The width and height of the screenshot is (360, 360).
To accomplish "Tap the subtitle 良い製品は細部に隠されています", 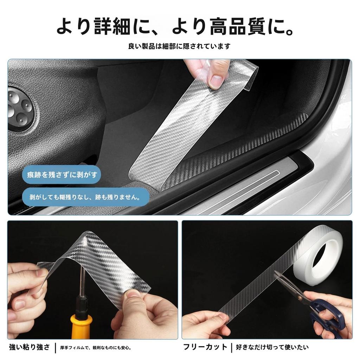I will tap(179, 46).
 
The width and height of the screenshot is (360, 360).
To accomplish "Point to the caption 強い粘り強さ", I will tap(30, 347).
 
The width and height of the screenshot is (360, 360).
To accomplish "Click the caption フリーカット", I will tap(205, 347).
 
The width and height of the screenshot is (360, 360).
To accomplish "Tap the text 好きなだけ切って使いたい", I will tap(272, 347).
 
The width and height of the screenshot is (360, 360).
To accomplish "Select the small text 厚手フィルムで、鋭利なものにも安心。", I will tap(96, 348).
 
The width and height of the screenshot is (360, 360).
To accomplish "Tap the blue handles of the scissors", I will tap(325, 313).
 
